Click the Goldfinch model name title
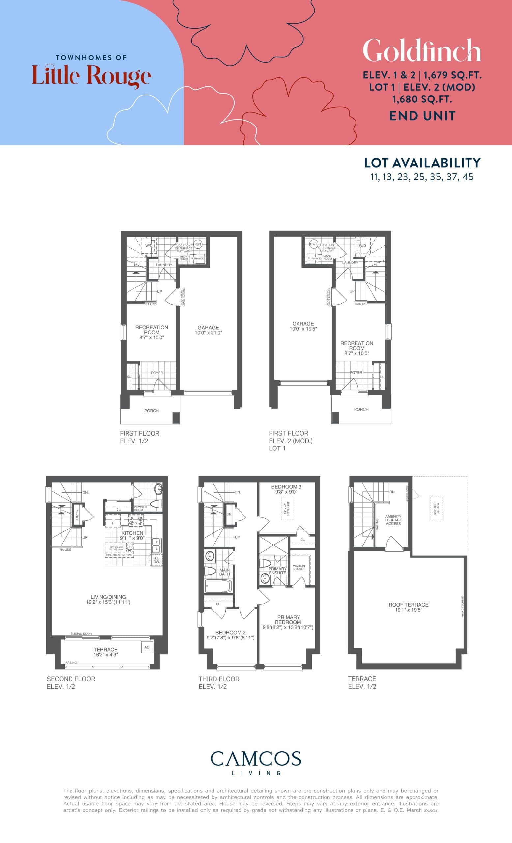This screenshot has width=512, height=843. tap(422, 51)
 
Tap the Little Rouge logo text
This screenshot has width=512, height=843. tap(91, 76)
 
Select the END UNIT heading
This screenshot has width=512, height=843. tap(422, 116)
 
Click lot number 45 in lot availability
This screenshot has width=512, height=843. tap(468, 177)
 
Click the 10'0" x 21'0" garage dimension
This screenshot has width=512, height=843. tap(208, 333)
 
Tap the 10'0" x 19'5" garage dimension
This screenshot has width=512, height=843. tap(303, 329)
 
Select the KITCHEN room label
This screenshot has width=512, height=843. tap(132, 533)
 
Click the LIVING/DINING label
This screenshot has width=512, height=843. tap(108, 597)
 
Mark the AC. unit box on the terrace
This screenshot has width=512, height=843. tap(147, 647)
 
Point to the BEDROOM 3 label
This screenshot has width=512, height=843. tap(286, 486)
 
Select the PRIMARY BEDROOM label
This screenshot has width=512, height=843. tap(288, 620)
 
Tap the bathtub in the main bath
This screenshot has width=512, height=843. tap(218, 586)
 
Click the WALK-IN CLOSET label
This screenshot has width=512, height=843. tap(299, 567)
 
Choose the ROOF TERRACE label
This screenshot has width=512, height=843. tap(408, 605)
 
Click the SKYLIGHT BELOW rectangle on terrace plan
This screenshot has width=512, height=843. tap(436, 508)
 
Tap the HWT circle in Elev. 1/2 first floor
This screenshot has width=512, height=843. tap(198, 244)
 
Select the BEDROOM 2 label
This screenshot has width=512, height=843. tap(230, 632)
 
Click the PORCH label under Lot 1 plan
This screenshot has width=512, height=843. tap(361, 409)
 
